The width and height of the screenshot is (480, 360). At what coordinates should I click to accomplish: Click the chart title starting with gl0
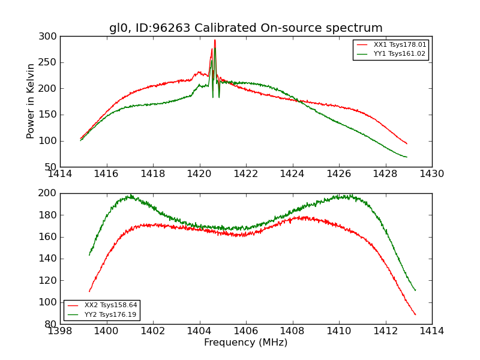point(245,28)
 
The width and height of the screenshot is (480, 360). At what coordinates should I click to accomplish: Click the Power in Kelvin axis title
point(31,101)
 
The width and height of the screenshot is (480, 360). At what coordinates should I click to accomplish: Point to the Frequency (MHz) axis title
point(245,343)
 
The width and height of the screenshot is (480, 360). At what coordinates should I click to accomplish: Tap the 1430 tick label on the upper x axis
point(431,174)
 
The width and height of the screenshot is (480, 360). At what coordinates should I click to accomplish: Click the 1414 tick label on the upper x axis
point(60,174)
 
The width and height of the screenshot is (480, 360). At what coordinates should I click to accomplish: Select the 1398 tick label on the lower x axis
point(60,331)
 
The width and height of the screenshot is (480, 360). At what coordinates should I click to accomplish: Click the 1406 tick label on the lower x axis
point(245,331)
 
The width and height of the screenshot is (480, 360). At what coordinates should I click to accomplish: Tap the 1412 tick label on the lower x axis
point(385,331)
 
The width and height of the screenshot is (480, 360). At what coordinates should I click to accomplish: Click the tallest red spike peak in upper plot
point(215,40)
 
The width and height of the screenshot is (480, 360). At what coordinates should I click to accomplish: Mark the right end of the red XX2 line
point(415,314)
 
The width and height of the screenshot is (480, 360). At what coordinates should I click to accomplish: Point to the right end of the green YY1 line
point(407,157)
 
